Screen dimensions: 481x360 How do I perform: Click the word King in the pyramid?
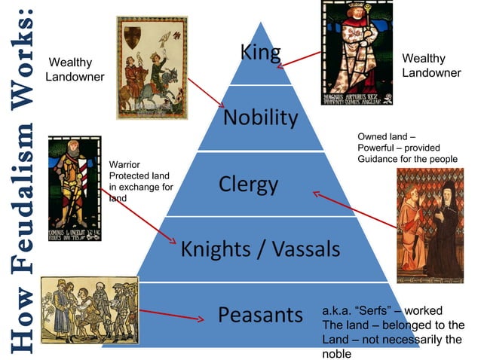[260, 52]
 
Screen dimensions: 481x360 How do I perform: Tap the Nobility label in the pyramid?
[261, 117]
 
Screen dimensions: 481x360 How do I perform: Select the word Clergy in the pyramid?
[248, 185]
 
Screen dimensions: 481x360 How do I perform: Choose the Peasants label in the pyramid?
[260, 313]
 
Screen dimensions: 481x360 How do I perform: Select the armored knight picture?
[73, 188]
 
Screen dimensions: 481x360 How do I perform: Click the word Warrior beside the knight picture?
[125, 163]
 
